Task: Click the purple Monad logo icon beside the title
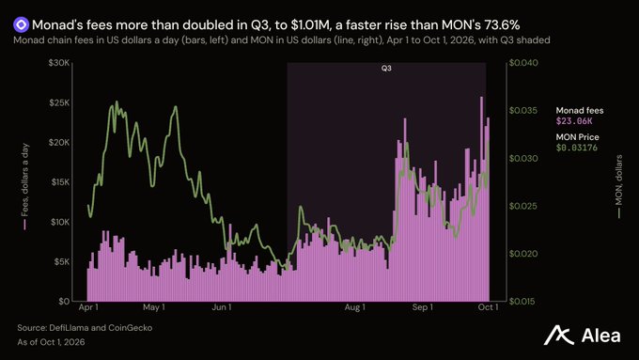tap(21, 24)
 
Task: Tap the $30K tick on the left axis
tap(59, 63)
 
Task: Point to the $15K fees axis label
tap(60, 182)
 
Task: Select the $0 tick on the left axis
tap(64, 302)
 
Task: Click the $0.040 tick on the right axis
tap(523, 63)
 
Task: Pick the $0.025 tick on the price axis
tap(523, 206)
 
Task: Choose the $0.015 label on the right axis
tap(523, 302)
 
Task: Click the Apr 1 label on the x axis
tap(88, 307)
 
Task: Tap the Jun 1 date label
tap(221, 307)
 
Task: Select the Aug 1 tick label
tap(354, 307)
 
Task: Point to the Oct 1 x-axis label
tap(488, 307)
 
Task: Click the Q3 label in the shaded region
tap(386, 68)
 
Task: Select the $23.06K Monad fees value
tap(574, 120)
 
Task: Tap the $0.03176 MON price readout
tap(577, 148)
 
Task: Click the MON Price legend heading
tap(578, 137)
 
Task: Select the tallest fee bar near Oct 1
tap(481, 199)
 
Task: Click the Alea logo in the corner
tap(582, 336)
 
